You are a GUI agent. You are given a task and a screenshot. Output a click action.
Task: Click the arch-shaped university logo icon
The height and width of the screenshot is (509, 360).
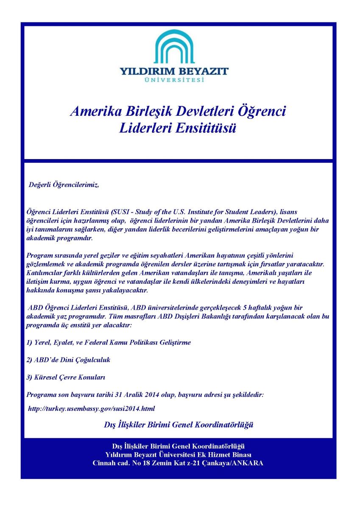174,47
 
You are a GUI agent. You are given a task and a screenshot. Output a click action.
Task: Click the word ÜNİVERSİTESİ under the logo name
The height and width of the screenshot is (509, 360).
174,80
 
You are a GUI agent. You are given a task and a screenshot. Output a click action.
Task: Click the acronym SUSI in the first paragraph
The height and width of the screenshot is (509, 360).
123,211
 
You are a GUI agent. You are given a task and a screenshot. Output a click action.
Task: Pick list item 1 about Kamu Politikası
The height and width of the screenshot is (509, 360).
109,342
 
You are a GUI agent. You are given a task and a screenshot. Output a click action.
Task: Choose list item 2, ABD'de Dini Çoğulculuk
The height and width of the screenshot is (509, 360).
68,360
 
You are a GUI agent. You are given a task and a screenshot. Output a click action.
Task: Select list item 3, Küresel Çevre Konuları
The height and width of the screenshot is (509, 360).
66,377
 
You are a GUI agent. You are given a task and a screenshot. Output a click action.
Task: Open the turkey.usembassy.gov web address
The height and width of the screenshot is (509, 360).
91,409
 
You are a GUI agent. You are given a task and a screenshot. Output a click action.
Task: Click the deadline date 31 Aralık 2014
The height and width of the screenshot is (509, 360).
140,394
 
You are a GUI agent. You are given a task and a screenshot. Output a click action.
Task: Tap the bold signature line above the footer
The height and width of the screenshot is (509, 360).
179,424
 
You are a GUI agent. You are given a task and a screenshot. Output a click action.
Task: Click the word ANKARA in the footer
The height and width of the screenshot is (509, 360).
248,463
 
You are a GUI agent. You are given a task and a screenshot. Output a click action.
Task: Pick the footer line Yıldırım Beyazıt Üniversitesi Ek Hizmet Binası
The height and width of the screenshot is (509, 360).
178,455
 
